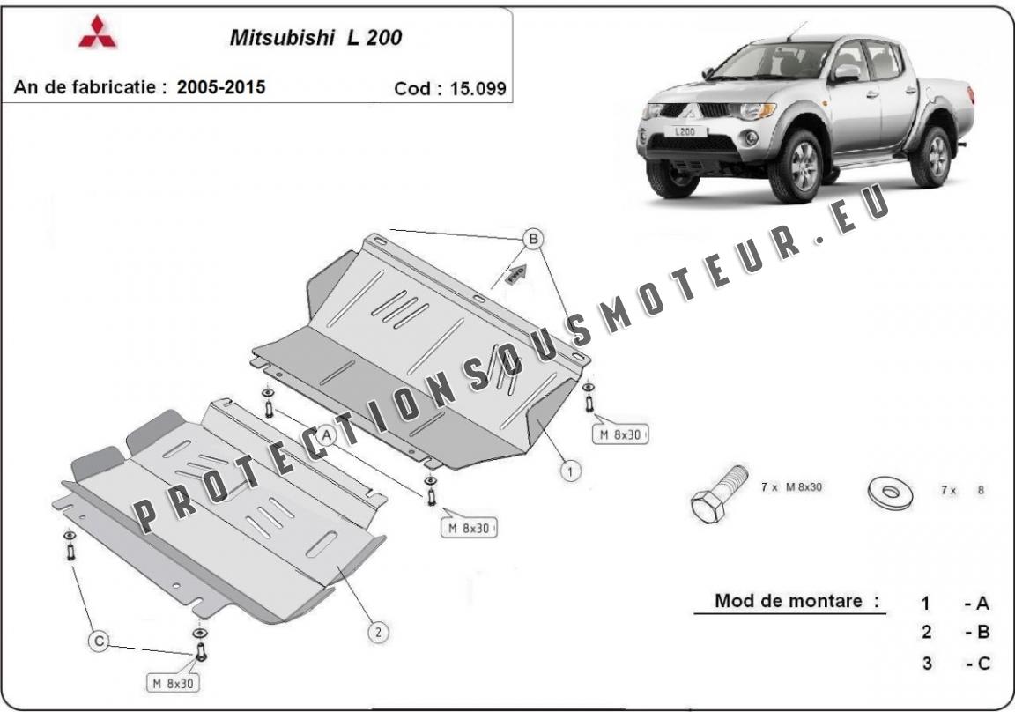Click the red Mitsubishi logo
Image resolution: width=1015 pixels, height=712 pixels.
98,32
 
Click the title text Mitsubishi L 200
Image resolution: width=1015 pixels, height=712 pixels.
316,38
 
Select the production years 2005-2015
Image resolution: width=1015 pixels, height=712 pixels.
221,86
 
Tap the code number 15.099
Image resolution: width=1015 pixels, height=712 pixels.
478,89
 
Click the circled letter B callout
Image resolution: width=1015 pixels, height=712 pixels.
533,240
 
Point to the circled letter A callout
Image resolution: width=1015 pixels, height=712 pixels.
327,435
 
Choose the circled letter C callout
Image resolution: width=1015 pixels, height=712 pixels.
99,642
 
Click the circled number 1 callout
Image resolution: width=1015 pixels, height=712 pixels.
570,471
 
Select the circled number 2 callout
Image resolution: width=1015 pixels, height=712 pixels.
379,632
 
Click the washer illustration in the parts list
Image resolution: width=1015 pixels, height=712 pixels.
891,492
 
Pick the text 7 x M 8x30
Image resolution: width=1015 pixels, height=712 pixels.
792,486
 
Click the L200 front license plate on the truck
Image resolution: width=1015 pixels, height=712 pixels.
685,131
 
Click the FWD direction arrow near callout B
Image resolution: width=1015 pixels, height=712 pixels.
515,274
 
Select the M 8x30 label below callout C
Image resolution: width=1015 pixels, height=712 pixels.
174,683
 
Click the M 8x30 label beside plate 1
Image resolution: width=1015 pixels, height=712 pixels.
620,435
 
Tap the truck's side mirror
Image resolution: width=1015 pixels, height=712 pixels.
846,73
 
